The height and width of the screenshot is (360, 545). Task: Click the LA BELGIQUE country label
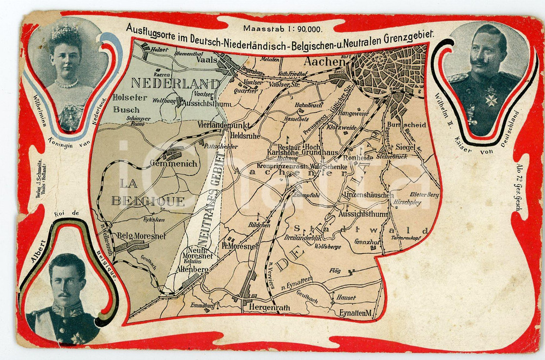click(148, 200)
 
